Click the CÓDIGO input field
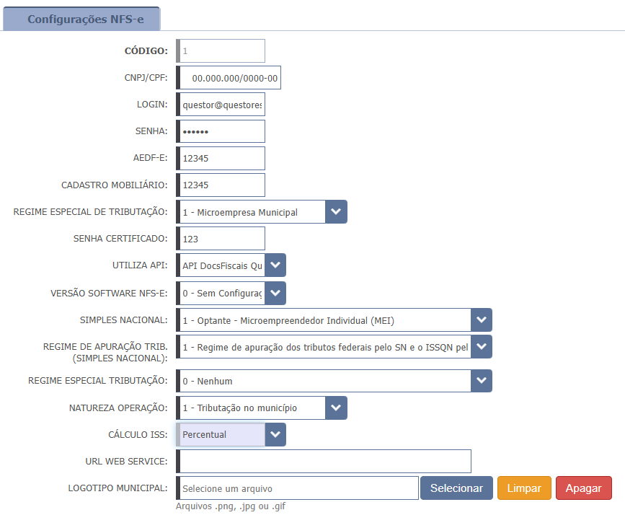[221, 50]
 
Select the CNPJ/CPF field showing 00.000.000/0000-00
[229, 78]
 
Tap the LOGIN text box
[221, 105]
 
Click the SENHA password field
[221, 131]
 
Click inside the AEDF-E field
[221, 158]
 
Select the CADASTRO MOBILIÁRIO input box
[221, 185]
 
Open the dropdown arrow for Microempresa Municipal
[336, 212]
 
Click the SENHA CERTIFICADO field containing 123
[221, 239]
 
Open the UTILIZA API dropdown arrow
[275, 265]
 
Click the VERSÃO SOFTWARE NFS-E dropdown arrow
[275, 293]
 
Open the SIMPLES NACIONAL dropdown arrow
[482, 320]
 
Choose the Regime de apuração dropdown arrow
[482, 347]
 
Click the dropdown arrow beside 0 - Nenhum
[482, 381]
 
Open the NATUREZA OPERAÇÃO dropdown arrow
[336, 408]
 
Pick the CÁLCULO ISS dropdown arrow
[275, 434]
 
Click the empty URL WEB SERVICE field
[324, 462]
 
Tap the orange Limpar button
[524, 488]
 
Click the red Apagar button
[583, 488]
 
